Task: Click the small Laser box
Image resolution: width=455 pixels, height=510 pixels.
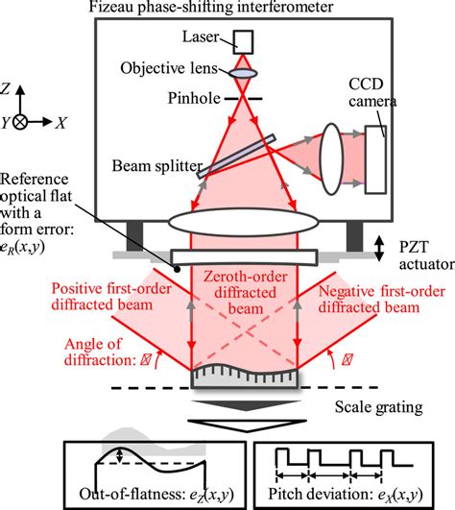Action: point(240,41)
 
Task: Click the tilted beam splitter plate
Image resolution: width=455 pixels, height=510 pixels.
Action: point(236,156)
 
